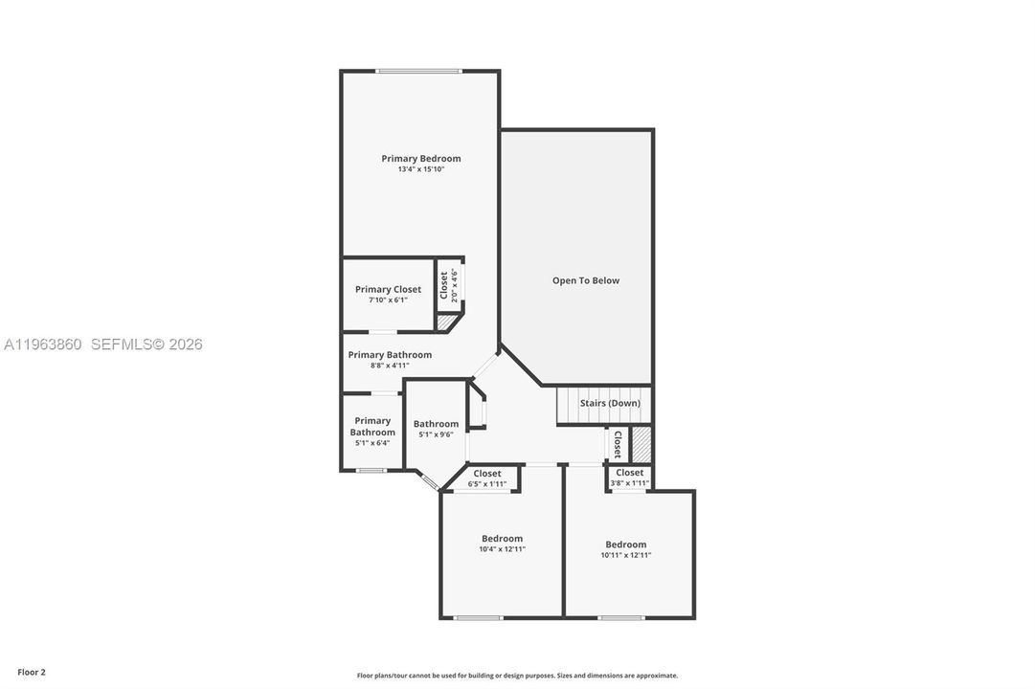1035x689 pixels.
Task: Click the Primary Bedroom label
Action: (421, 159)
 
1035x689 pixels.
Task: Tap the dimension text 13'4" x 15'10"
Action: (421, 169)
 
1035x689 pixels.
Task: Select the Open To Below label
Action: (586, 280)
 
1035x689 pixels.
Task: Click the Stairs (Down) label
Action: (610, 403)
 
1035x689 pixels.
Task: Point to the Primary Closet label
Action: (388, 289)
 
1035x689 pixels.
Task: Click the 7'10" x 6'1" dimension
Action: (388, 300)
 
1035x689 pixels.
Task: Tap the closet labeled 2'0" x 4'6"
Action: (448, 285)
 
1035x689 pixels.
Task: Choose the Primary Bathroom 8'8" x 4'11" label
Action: (390, 360)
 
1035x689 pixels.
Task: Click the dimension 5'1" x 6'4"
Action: (372, 443)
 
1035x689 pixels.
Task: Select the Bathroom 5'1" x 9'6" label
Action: (436, 429)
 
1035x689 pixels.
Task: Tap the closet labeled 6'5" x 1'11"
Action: (487, 478)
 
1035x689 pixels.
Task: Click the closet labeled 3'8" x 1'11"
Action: (630, 478)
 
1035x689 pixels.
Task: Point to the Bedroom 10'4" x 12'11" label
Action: (503, 544)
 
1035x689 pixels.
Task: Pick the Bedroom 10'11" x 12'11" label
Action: (626, 549)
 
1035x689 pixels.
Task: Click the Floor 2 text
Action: (32, 673)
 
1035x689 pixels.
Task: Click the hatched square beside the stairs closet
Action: (641, 445)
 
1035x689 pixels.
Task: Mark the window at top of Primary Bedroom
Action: (419, 71)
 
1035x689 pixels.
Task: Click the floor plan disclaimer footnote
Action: (517, 676)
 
